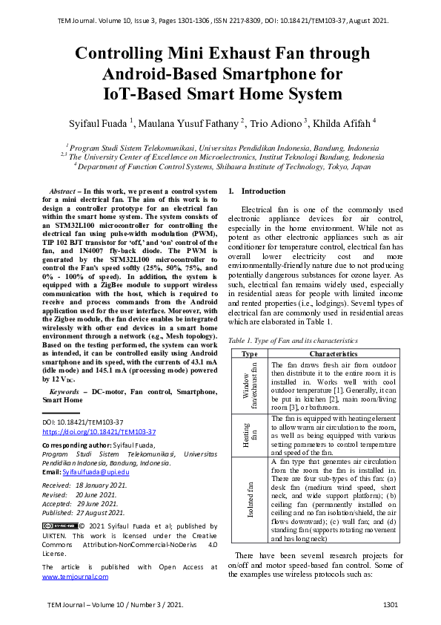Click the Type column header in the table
point(250,354)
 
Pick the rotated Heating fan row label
point(250,436)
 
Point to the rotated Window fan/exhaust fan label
point(250,387)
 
